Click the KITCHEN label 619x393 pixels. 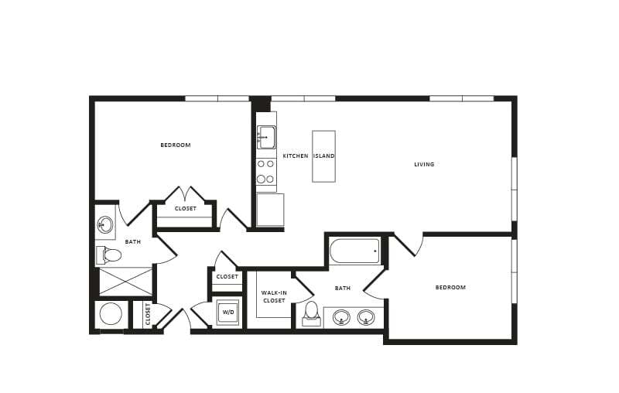pyautogui.click(x=295, y=156)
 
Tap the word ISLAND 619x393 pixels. pyautogui.click(x=323, y=156)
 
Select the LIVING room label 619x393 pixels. pyautogui.click(x=424, y=164)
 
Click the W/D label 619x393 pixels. pyautogui.click(x=227, y=313)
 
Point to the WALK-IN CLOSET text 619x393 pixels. pyautogui.click(x=274, y=296)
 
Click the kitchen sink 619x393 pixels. pyautogui.click(x=267, y=137)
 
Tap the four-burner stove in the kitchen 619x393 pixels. pyautogui.click(x=266, y=170)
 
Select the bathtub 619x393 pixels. pyautogui.click(x=354, y=251)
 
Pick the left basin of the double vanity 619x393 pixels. pyautogui.click(x=341, y=316)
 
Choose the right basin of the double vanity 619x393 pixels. pyautogui.click(x=366, y=316)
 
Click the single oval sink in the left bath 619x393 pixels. pyautogui.click(x=105, y=225)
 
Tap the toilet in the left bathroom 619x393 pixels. pyautogui.click(x=110, y=255)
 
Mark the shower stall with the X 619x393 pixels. pyautogui.click(x=125, y=282)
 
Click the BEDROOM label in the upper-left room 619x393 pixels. pyautogui.click(x=176, y=145)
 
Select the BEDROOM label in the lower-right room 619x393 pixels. pyautogui.click(x=450, y=287)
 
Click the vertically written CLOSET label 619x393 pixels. pyautogui.click(x=147, y=315)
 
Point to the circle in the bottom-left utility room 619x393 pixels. pyautogui.click(x=111, y=314)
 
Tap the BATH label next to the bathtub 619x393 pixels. pyautogui.click(x=342, y=288)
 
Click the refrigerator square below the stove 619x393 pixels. pyautogui.click(x=270, y=210)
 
